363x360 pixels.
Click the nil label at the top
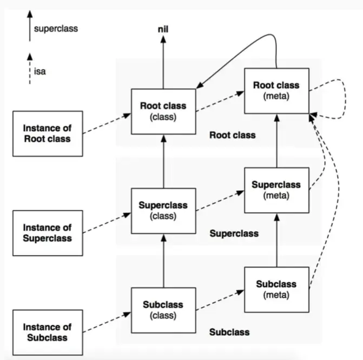pos(163,29)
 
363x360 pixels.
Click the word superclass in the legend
pos(56,29)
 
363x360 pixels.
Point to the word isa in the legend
pos(40,71)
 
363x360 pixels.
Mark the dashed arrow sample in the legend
pos(30,69)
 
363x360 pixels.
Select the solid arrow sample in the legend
pos(30,26)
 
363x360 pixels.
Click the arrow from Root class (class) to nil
pos(163,63)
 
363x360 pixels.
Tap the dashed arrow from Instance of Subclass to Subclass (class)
pos(107,322)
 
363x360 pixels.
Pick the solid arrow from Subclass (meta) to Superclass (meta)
pos(276,240)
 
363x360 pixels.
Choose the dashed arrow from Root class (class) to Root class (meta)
pos(220,101)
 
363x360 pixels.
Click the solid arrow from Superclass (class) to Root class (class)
pos(163,162)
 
